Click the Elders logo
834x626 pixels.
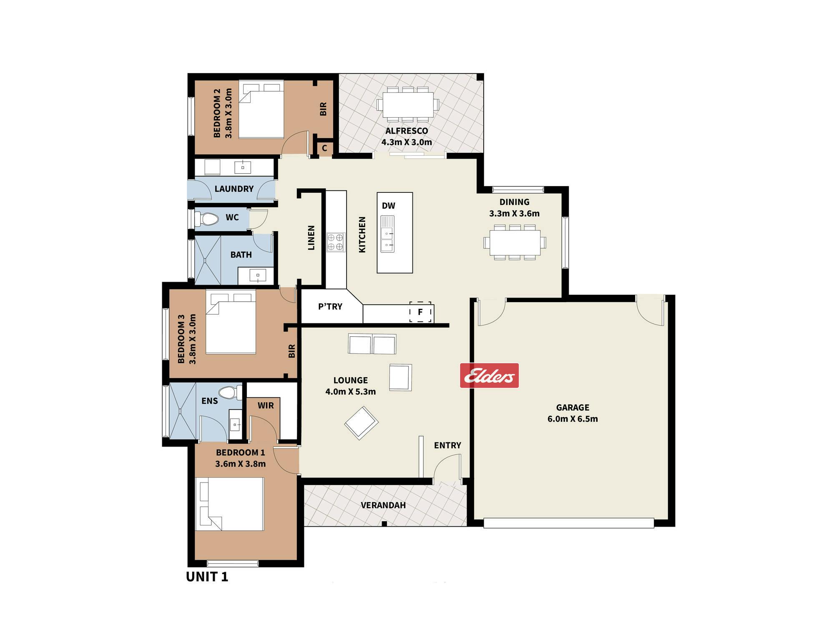(x=489, y=376)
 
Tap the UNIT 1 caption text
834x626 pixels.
(x=207, y=577)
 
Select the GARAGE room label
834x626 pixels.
(x=573, y=407)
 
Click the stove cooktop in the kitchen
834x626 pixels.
(x=336, y=242)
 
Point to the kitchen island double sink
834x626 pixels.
(x=387, y=234)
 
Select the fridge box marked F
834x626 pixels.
(x=420, y=312)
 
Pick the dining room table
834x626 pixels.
(x=515, y=242)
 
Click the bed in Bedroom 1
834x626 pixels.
(x=230, y=504)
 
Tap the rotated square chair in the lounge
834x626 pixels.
(x=362, y=423)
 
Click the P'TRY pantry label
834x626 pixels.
(x=330, y=307)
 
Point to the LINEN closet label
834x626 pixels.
(x=311, y=238)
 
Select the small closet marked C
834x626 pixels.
(x=324, y=148)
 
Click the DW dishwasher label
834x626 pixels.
(x=389, y=206)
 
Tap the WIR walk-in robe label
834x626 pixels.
(x=266, y=406)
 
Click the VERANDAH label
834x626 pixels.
(x=383, y=505)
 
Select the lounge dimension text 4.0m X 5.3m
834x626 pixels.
(x=351, y=391)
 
